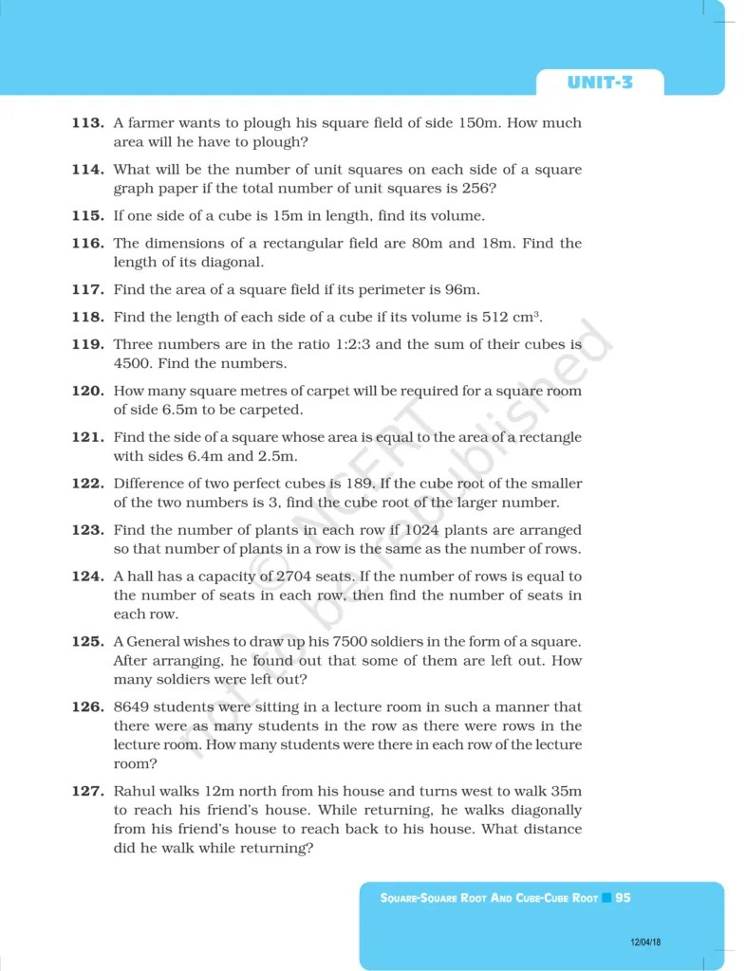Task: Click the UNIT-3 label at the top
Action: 600,82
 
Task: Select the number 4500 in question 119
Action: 134,363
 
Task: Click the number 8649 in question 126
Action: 131,706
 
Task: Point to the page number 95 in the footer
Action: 623,897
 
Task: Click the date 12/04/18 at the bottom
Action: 645,943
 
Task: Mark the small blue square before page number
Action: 606,897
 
